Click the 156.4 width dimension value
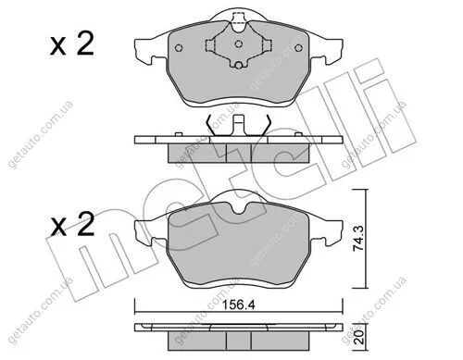click(239, 305)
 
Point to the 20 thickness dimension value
click(359, 338)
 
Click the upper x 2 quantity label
click(72, 44)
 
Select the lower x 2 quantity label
click(72, 224)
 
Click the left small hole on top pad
click(179, 48)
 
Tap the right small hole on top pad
click(298, 48)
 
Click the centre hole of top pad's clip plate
click(238, 43)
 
